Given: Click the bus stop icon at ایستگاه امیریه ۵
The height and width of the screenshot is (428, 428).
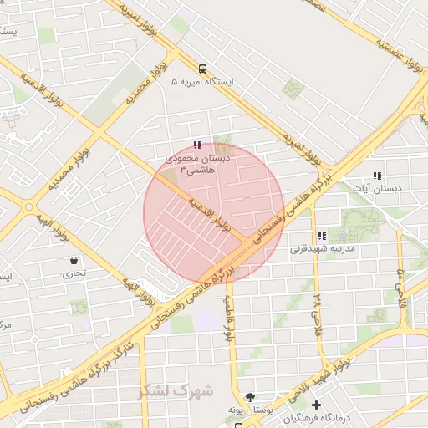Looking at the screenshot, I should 202,69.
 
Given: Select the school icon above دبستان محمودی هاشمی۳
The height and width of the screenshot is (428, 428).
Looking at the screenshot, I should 197,145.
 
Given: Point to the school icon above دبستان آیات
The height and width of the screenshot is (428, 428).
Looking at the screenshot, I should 377,176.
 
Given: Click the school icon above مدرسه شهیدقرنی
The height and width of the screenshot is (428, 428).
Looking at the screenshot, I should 322,237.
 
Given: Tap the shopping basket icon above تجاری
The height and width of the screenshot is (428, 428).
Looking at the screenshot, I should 75,260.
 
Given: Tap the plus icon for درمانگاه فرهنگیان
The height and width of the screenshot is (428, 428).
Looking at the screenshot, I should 316,405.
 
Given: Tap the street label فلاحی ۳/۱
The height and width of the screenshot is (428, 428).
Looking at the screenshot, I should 317,308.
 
